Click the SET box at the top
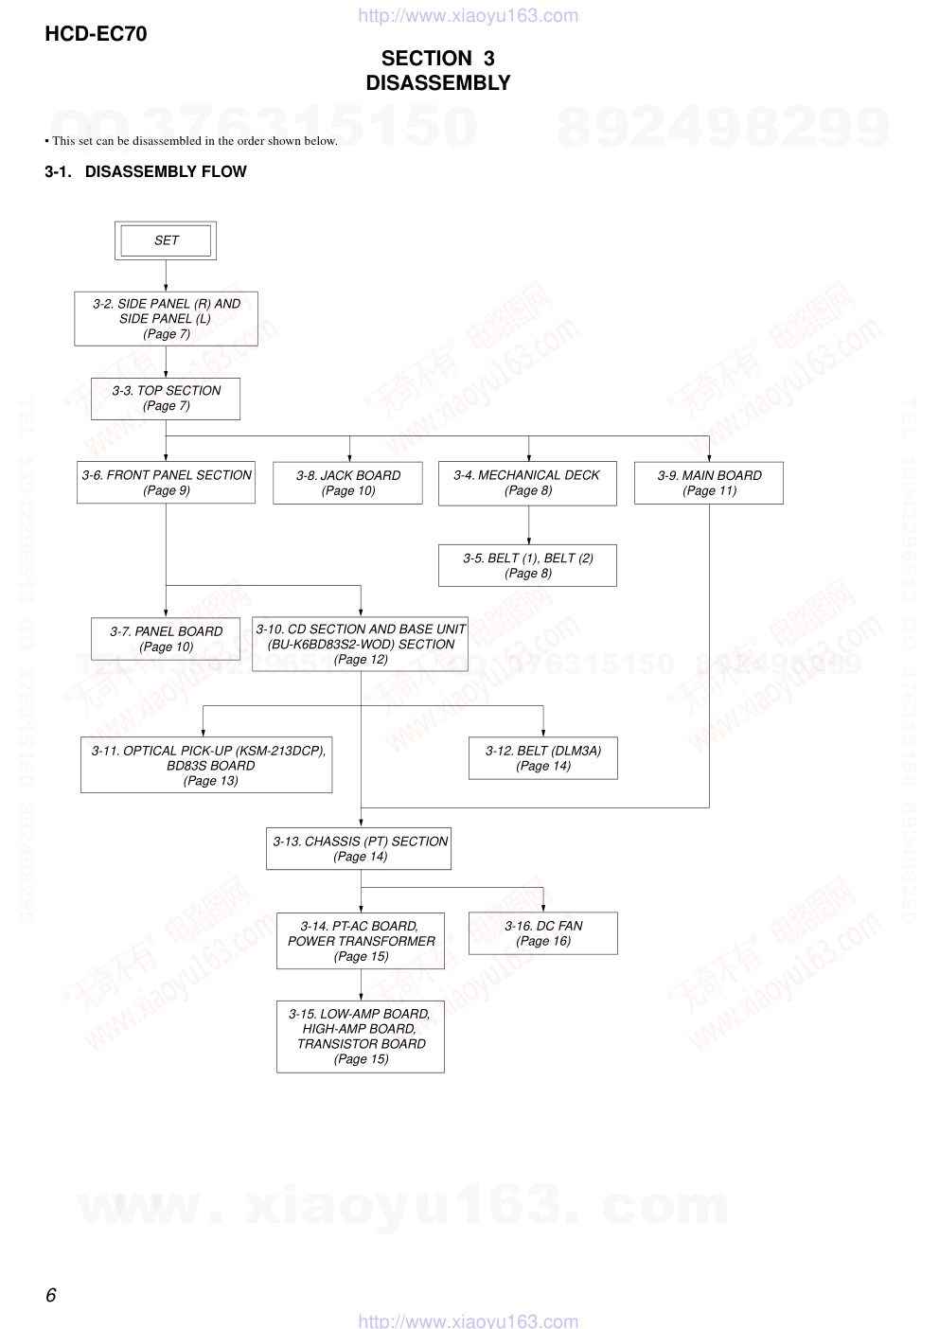[x=166, y=240]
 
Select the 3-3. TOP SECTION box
[x=166, y=399]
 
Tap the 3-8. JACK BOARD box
[x=347, y=483]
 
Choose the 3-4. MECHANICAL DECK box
[x=527, y=483]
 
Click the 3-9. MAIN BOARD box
[x=709, y=483]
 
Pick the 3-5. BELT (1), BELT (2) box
[x=527, y=565]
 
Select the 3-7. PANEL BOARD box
[x=166, y=639]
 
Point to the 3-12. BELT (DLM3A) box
[x=543, y=758]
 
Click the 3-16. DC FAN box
[x=543, y=933]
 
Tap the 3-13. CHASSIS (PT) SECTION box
[x=360, y=848]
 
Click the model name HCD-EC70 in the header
[x=96, y=34]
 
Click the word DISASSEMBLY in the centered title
[x=438, y=83]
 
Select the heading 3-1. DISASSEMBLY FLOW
[x=146, y=171]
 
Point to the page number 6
[x=51, y=1295]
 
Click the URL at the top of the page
[x=468, y=15]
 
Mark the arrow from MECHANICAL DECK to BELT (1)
[x=528, y=525]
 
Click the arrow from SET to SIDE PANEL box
[x=166, y=275]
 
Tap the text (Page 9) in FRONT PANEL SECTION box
[x=167, y=490]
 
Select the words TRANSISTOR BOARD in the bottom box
[x=362, y=1044]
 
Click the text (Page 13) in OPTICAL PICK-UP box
[x=210, y=781]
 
